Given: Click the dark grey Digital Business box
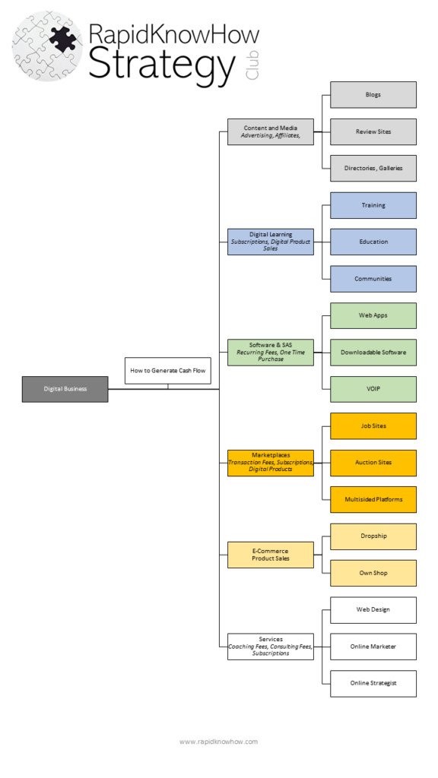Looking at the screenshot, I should [65, 389].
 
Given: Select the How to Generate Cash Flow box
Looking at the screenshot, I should [167, 371].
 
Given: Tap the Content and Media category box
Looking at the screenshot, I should [270, 131].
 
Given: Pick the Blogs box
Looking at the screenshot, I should [373, 95].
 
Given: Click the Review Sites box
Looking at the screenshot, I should [373, 131].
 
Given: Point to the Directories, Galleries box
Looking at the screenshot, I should [373, 168].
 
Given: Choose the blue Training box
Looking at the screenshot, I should [373, 205].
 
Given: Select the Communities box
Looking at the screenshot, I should [373, 279].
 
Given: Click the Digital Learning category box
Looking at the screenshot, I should [270, 242].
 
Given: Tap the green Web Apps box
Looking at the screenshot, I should [373, 315].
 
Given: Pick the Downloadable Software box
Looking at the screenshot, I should [373, 353].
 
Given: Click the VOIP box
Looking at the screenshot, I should [373, 389].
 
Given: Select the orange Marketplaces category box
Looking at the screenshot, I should [270, 463].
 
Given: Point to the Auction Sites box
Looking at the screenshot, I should [373, 463].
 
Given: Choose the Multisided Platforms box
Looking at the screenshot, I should [373, 499].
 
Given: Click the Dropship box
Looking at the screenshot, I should [373, 536].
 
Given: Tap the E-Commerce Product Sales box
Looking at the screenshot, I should [270, 555].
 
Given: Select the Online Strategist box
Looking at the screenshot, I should [373, 683].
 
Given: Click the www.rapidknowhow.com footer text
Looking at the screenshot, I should [218, 742].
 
